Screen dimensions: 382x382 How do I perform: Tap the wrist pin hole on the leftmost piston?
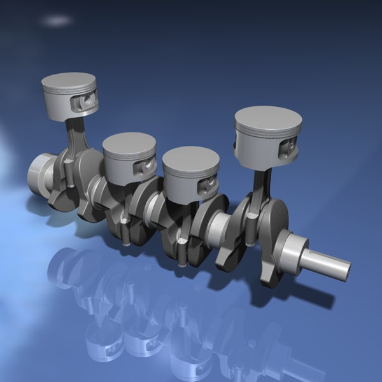(x=87, y=101)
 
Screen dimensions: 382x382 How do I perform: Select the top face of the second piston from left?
(x=129, y=143)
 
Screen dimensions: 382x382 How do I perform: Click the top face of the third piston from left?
(x=190, y=157)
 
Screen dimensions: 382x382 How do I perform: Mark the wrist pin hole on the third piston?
(x=208, y=185)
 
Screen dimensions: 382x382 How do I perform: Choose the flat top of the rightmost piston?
(x=267, y=120)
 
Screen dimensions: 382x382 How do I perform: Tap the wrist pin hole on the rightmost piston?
(x=288, y=148)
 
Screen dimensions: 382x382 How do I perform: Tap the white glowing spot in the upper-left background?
(x=55, y=21)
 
